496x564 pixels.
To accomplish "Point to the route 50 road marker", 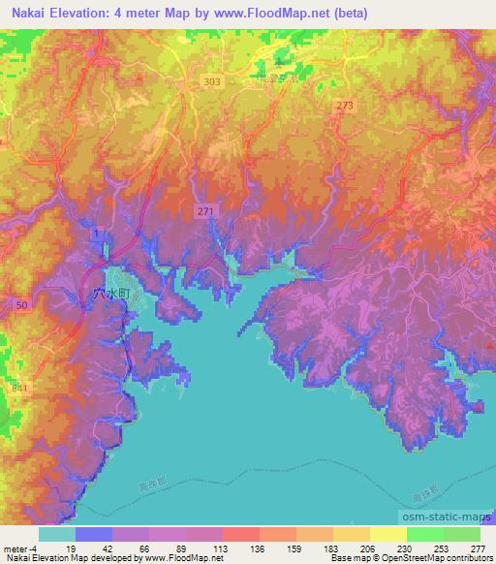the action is pyautogui.click(x=21, y=304).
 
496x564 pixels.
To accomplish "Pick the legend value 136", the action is pyautogui.click(x=240, y=548).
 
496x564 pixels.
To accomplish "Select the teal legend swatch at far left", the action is pyautogui.click(x=57, y=534).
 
